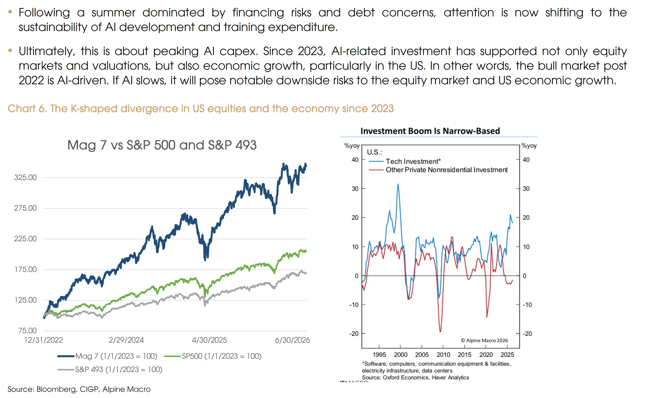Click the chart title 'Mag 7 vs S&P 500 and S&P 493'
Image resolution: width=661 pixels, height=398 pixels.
pyautogui.click(x=162, y=145)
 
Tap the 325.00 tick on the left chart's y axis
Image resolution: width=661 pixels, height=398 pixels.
pyautogui.click(x=26, y=177)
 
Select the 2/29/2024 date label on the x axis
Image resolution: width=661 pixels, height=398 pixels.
pyautogui.click(x=126, y=340)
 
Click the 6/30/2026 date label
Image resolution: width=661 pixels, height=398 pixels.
pyautogui.click(x=292, y=340)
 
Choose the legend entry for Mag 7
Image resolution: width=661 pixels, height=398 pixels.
pyautogui.click(x=107, y=356)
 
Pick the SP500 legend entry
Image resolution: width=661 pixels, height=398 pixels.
pyautogui.click(x=213, y=356)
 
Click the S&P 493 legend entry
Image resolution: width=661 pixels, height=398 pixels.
pyautogui.click(x=110, y=369)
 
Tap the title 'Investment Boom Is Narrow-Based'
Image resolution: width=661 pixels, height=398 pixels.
pyautogui.click(x=430, y=131)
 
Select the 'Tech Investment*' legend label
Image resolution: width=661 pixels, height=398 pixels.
pyautogui.click(x=413, y=161)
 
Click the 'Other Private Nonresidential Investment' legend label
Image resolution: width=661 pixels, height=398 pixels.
pyautogui.click(x=447, y=170)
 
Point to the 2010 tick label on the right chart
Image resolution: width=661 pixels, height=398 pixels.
pyautogui.click(x=443, y=355)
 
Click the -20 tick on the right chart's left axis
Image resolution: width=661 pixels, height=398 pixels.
pyautogui.click(x=354, y=334)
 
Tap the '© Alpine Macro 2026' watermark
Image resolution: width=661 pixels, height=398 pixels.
pyautogui.click(x=484, y=340)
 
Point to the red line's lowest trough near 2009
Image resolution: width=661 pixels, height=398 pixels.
pyautogui.click(x=440, y=332)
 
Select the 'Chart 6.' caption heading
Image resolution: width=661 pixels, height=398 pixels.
pyautogui.click(x=27, y=108)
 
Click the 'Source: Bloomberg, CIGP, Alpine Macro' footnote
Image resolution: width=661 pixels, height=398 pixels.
pyautogui.click(x=79, y=389)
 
